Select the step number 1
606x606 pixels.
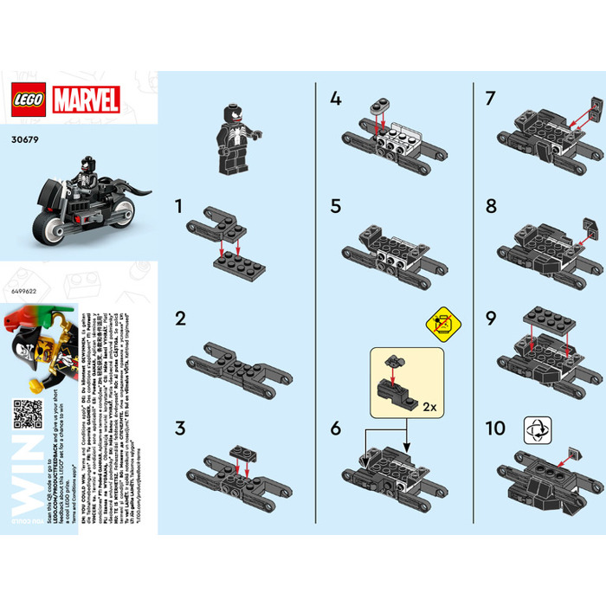pos(180,208)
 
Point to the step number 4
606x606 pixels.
pos(335,98)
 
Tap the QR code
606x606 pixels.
pos(29,413)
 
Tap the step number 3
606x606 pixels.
pos(180,428)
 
